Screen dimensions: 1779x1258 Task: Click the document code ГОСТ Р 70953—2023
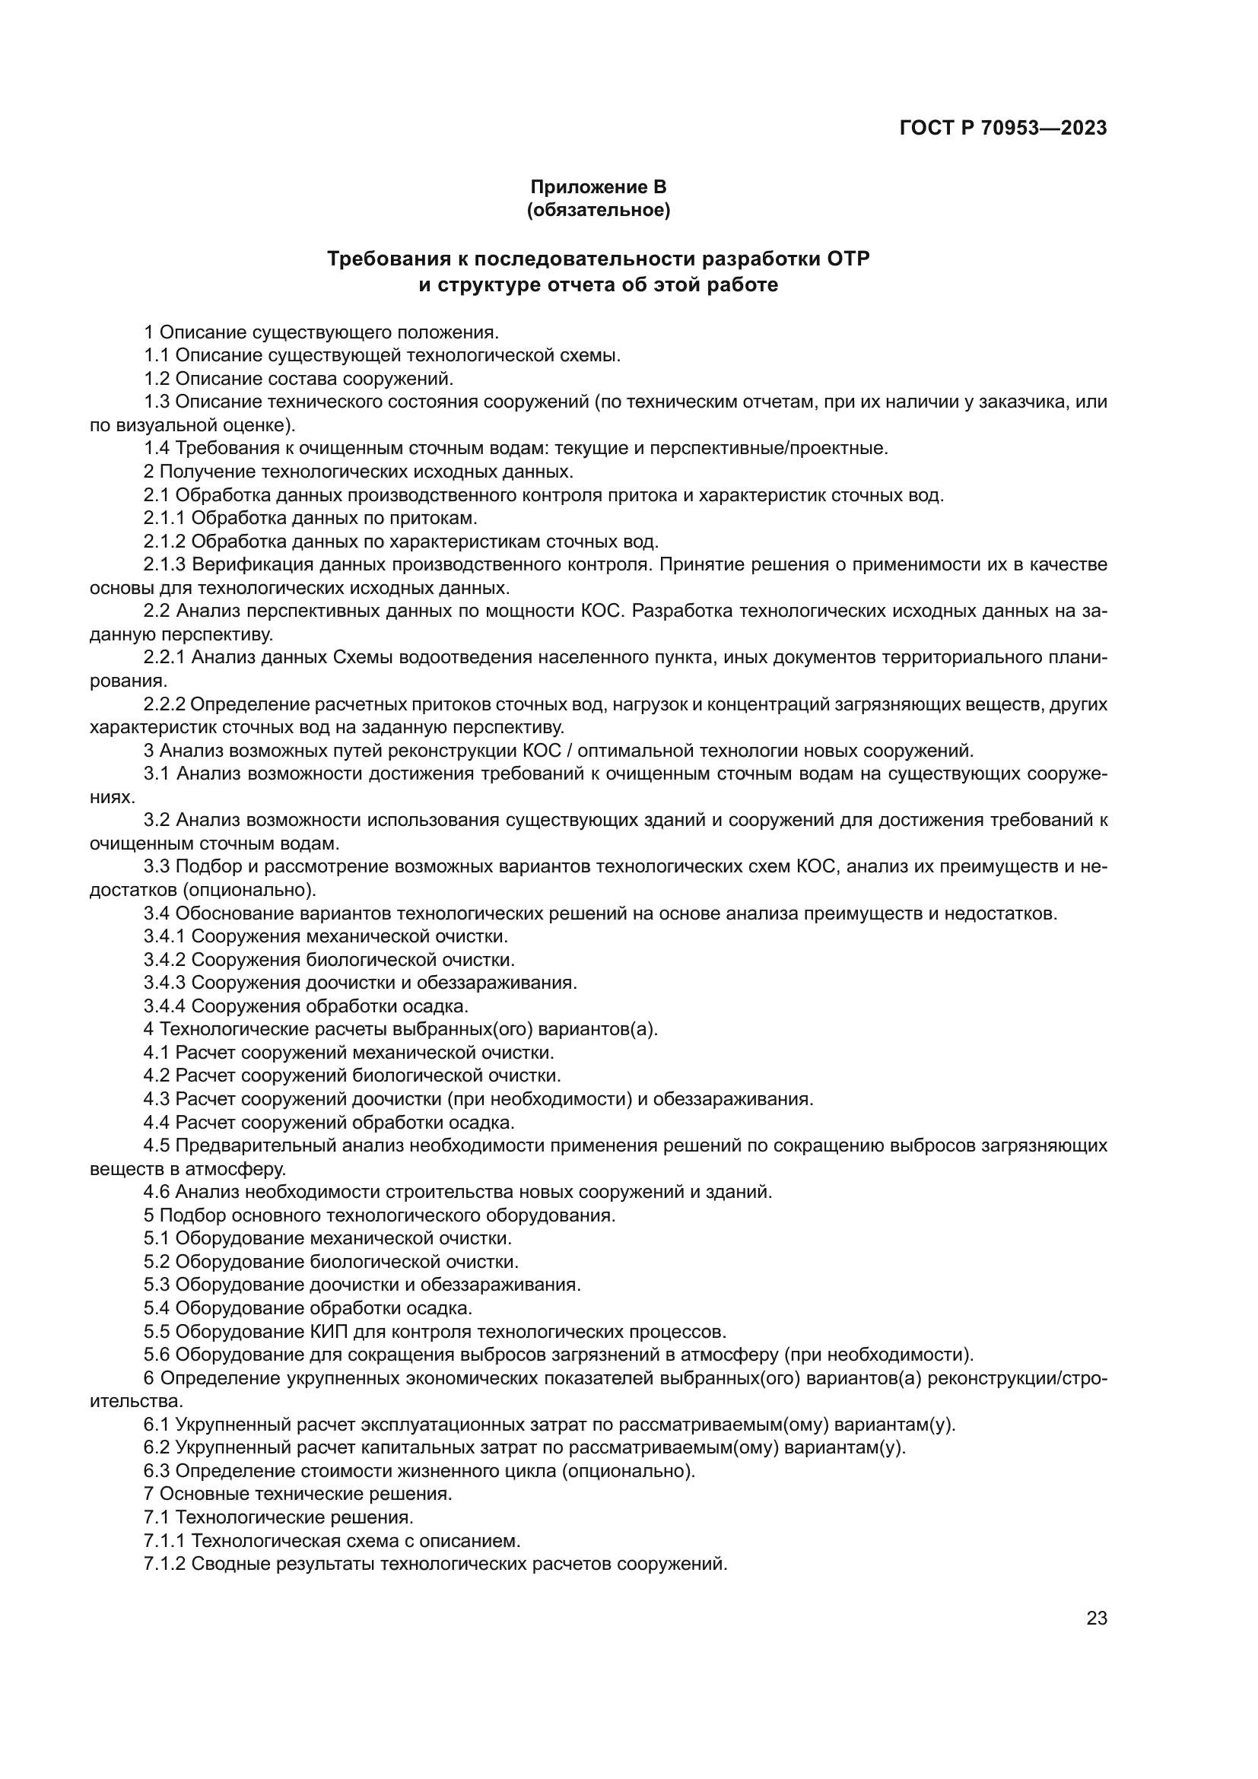(1002, 128)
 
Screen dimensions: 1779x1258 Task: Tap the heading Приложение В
(597, 187)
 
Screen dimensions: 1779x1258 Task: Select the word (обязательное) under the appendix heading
(598, 210)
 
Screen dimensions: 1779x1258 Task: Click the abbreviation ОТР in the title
(847, 259)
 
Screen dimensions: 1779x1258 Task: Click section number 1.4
(157, 448)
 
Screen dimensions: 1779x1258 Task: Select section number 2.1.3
(164, 564)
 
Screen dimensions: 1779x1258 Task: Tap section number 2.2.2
(164, 704)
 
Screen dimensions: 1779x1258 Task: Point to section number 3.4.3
(164, 983)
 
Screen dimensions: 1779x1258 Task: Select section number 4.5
(157, 1145)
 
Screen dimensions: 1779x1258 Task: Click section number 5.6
(157, 1355)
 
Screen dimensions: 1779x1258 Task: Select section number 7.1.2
(164, 1564)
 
